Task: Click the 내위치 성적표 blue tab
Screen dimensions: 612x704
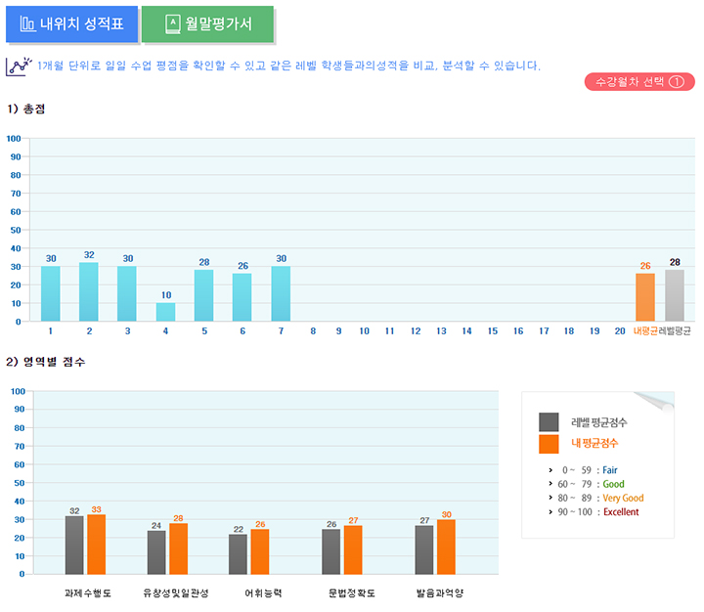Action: (x=71, y=24)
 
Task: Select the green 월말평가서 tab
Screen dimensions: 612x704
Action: (x=207, y=24)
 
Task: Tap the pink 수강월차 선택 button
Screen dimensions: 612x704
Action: (x=638, y=82)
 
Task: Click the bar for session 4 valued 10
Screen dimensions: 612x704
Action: (x=165, y=312)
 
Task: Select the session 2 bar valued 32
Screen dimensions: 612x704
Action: (x=89, y=291)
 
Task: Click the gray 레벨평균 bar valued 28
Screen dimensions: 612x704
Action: (x=675, y=295)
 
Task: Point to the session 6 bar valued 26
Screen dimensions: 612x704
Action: (x=242, y=297)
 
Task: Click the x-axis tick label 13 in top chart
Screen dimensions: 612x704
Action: (x=441, y=331)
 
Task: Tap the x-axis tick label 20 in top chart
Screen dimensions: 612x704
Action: (x=620, y=331)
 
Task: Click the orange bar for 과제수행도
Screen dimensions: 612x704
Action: (x=96, y=545)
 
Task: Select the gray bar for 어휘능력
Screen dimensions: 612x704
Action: (x=238, y=554)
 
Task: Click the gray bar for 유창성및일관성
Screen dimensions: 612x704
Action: (x=156, y=552)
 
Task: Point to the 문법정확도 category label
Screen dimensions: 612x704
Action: (x=348, y=593)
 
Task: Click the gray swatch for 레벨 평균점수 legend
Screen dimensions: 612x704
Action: (x=549, y=421)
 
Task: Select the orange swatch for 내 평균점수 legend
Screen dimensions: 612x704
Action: (x=549, y=444)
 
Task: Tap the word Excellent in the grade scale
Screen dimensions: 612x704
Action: (x=622, y=511)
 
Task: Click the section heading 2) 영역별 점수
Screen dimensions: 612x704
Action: (x=46, y=362)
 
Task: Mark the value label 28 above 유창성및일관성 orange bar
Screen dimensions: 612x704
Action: (x=178, y=518)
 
